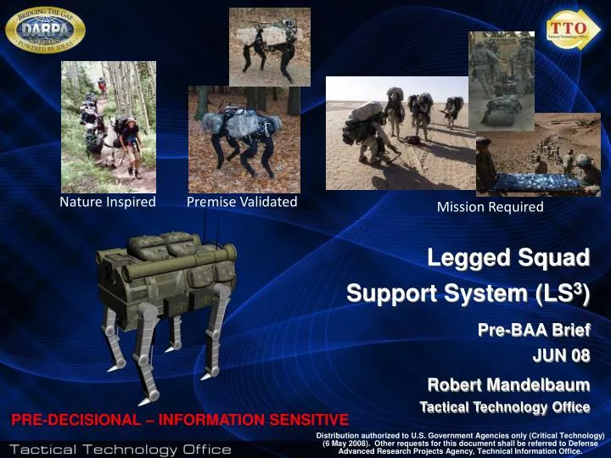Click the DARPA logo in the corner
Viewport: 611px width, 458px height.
pyautogui.click(x=44, y=32)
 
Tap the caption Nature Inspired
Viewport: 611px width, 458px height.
pyautogui.click(x=107, y=202)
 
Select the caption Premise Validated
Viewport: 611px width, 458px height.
pyautogui.click(x=242, y=201)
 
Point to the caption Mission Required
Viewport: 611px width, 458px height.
pyautogui.click(x=490, y=207)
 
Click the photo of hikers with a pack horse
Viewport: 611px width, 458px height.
pyautogui.click(x=108, y=126)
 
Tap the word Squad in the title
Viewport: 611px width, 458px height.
pyautogui.click(x=552, y=257)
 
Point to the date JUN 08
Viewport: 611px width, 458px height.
pyautogui.click(x=561, y=355)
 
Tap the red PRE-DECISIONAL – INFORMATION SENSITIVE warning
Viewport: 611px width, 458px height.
pyautogui.click(x=179, y=419)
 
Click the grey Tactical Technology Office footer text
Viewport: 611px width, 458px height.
pyautogui.click(x=120, y=448)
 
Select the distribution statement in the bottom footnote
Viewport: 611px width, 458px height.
pyautogui.click(x=458, y=444)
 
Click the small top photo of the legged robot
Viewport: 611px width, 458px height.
pyautogui.click(x=269, y=47)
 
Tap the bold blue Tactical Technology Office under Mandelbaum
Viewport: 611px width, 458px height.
pyautogui.click(x=504, y=407)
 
